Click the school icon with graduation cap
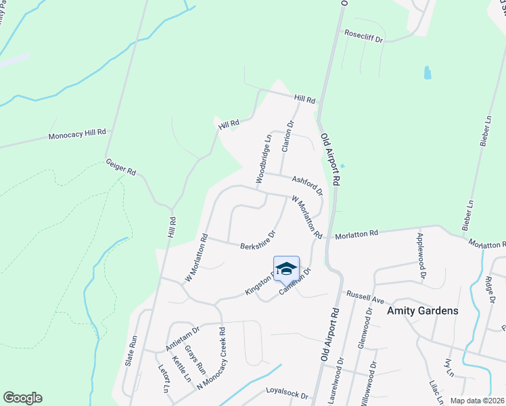coord(286,268)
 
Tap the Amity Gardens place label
coord(423,311)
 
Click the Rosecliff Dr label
coord(364,36)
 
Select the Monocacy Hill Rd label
coord(78,135)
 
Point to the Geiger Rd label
coord(121,168)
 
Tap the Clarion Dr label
coord(287,137)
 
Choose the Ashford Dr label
coord(307,184)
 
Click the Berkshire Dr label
coord(257,241)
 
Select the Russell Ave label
coord(365,296)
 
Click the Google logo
coord(23,397)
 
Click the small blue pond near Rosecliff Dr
coord(428,72)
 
